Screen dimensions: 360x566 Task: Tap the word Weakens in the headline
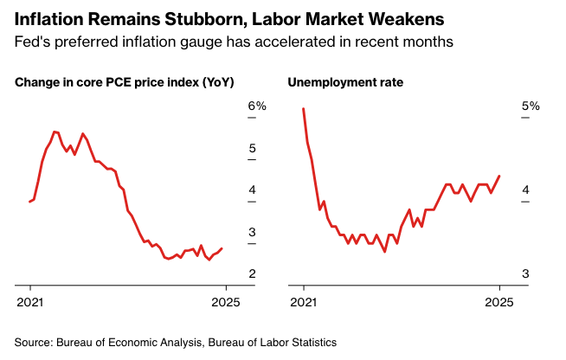coord(401,17)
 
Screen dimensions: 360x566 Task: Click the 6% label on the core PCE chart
coord(257,106)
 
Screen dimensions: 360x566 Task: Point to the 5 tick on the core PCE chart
coord(252,149)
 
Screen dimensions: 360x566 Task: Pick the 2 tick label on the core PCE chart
coord(252,273)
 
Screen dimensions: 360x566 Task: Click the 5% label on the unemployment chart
coord(530,106)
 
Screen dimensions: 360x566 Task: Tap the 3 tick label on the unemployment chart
coord(524,273)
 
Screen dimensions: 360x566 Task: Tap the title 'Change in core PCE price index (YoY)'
coord(125,83)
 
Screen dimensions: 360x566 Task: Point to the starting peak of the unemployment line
coord(303,109)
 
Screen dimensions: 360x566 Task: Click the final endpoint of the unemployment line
coord(499,176)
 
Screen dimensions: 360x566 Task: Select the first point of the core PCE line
coord(29,202)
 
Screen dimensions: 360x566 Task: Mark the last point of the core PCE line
coord(222,248)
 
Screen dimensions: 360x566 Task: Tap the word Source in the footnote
coord(33,342)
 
